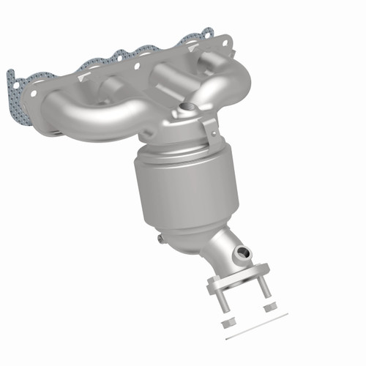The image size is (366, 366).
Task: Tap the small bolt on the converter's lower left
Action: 160,239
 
